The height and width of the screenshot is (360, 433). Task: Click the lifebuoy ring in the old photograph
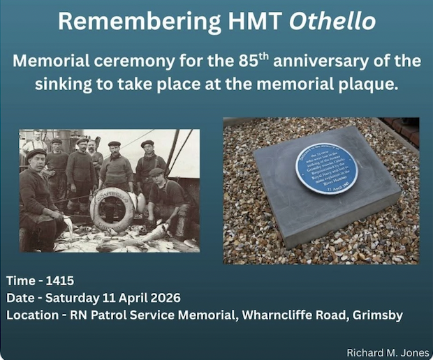(112, 209)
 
